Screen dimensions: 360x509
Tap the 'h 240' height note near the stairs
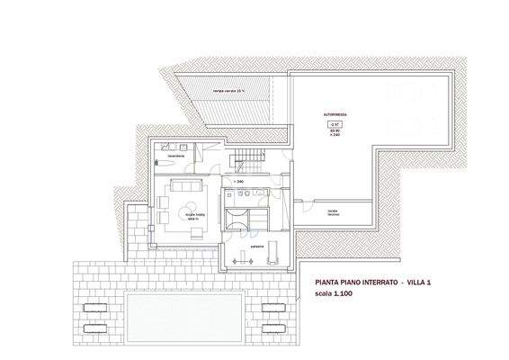pos(239,183)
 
